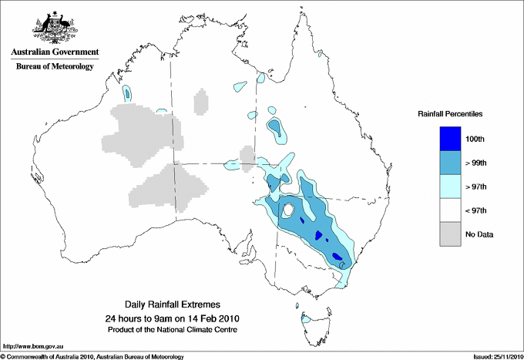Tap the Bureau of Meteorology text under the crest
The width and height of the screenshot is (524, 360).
(55, 67)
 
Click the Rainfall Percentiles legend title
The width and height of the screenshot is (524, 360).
(450, 114)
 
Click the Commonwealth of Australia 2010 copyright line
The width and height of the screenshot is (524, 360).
(92, 356)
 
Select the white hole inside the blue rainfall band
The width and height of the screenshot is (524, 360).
(288, 210)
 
